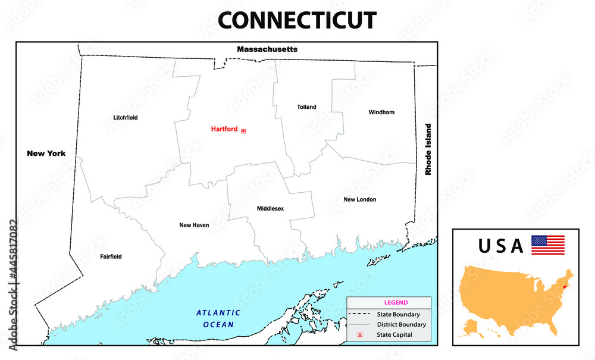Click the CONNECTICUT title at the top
coord(297,20)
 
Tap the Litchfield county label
coord(126,118)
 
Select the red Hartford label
coord(224,129)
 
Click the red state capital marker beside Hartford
coord(243,131)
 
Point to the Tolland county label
coord(306,107)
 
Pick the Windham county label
coord(381,112)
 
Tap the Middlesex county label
coord(270,209)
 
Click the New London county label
coord(359,199)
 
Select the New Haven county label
coord(194,226)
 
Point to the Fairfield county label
coord(111,257)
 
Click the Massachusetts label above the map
coord(267,49)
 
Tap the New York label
coord(46,154)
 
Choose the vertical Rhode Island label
coord(427,149)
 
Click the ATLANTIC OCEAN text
coord(218,318)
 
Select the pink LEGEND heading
coord(396,302)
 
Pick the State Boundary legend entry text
coord(398,314)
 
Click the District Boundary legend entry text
coord(401,325)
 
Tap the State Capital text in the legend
coord(394,335)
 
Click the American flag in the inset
coord(547,245)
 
